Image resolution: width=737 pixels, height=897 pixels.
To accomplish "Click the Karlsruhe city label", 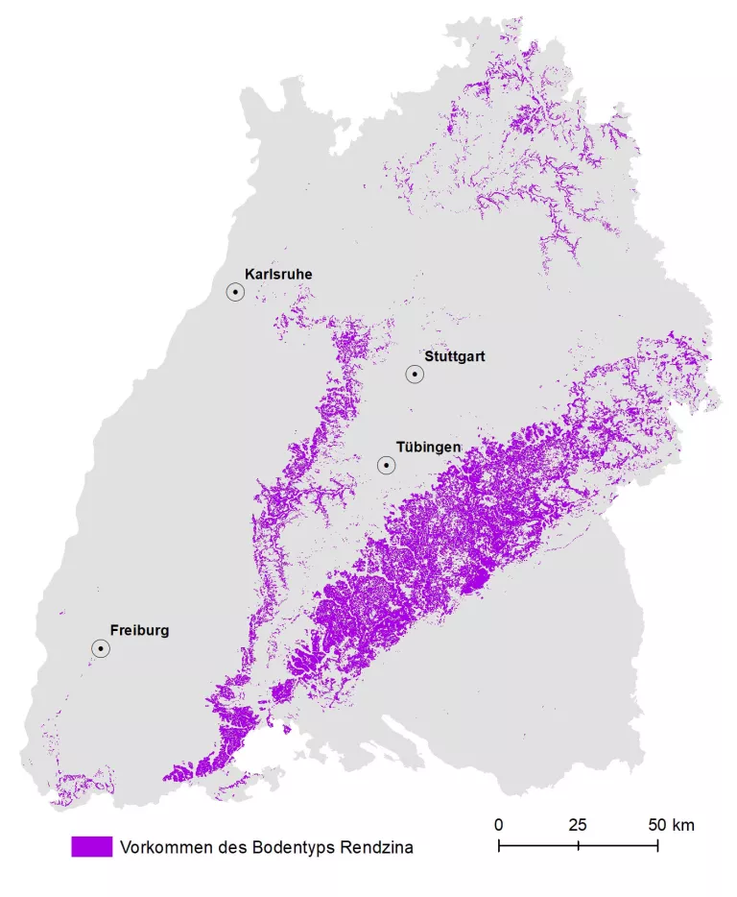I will point(278,275).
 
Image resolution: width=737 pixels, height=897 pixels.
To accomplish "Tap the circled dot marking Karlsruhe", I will point(235,292).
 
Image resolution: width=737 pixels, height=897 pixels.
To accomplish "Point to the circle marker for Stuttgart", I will point(415,375).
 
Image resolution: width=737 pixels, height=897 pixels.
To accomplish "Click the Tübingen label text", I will point(430,448).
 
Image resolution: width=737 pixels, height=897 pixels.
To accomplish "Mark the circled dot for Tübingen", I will point(387,466).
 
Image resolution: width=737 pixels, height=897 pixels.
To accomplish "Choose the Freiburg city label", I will point(139,631).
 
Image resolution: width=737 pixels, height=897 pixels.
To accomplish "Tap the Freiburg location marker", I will point(101,649).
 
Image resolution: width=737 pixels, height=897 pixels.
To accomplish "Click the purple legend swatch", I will point(92,847).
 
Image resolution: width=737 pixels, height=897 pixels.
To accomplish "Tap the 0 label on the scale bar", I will point(499,825).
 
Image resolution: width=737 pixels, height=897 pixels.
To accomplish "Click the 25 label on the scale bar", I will point(578,825).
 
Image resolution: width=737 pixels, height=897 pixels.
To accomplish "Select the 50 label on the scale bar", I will point(656,825).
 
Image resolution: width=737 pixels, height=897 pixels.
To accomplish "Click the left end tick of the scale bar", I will point(499,845).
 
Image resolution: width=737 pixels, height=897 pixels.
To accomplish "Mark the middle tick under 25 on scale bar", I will point(578,845).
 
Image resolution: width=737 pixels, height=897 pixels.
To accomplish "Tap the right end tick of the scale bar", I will point(657,845).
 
